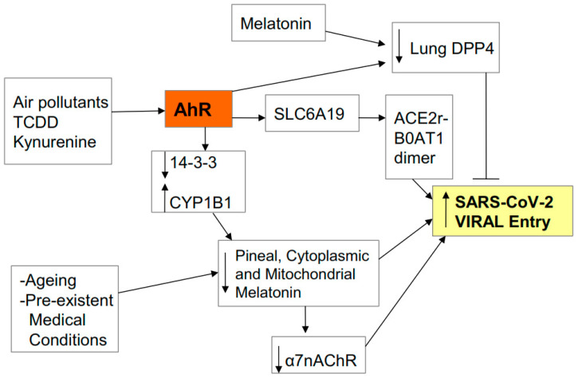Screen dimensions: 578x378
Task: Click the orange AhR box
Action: (199, 109)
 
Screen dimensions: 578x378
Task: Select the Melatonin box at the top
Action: (278, 23)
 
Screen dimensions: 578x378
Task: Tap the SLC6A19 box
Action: (312, 113)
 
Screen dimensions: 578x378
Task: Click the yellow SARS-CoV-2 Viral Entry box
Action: (502, 211)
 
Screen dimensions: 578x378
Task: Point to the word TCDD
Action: (36, 122)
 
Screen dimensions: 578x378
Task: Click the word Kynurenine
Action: (54, 142)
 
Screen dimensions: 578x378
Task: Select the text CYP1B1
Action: (201, 203)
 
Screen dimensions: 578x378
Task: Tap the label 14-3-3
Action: (194, 163)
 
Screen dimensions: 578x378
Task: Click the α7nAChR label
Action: (320, 360)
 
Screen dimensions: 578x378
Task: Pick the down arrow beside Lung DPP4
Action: (399, 46)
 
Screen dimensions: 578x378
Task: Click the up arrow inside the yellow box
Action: (446, 210)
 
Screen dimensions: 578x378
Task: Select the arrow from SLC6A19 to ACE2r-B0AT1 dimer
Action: (372, 118)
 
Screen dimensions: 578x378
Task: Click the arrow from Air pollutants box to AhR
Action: (138, 111)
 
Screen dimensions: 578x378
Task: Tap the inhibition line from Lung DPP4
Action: (486, 126)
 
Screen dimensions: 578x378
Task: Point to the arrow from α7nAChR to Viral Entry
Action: (406, 291)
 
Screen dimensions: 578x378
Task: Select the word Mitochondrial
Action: (310, 274)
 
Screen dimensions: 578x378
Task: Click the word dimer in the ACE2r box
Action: (415, 158)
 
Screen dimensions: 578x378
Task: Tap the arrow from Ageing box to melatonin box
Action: (168, 283)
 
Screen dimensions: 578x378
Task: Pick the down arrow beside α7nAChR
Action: (279, 359)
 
